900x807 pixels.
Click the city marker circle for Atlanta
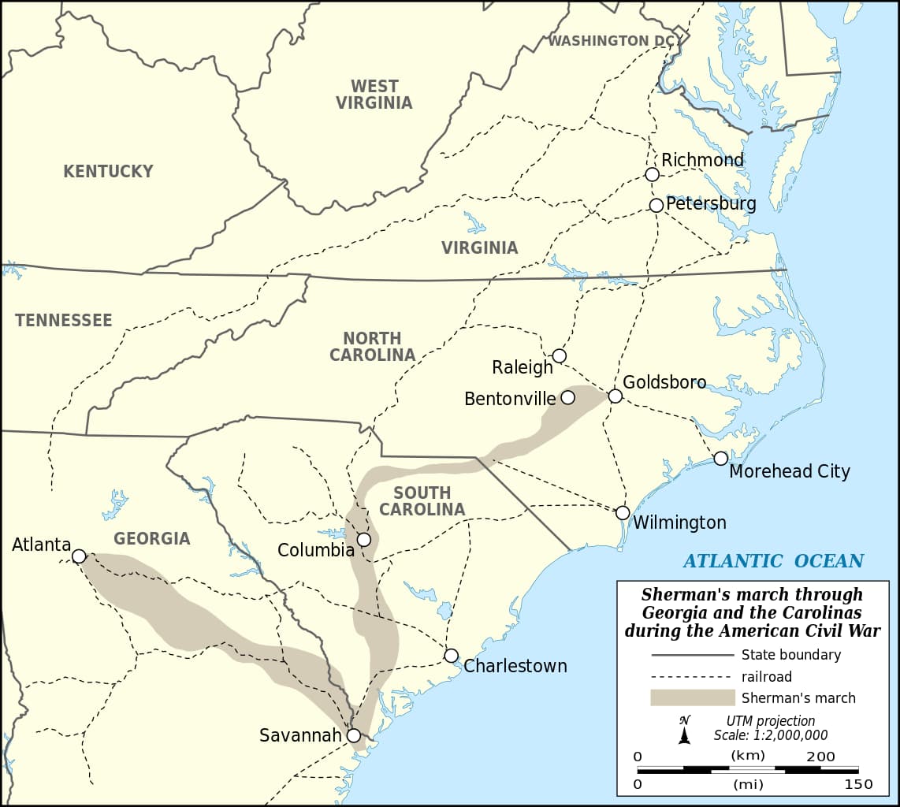[x=79, y=556]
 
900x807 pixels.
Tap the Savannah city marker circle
[x=354, y=735]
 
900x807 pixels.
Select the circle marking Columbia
[x=364, y=540]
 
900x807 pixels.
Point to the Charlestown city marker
[x=451, y=656]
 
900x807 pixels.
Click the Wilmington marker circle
[x=623, y=513]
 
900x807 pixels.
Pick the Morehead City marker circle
[x=721, y=459]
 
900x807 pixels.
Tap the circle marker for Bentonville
[x=567, y=397]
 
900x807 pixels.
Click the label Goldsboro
[x=664, y=382]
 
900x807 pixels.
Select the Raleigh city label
[x=523, y=367]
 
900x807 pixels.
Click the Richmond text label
[x=702, y=160]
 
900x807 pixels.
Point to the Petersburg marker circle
[x=656, y=205]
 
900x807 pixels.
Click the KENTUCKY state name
[x=108, y=171]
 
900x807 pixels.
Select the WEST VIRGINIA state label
[x=374, y=95]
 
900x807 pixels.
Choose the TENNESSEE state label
[x=63, y=320]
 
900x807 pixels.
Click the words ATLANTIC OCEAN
[x=773, y=561]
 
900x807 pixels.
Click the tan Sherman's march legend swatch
[x=691, y=697]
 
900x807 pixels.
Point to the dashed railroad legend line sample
[x=691, y=677]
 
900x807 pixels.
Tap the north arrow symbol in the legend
[x=685, y=731]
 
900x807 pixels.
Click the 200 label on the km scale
[x=820, y=757]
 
